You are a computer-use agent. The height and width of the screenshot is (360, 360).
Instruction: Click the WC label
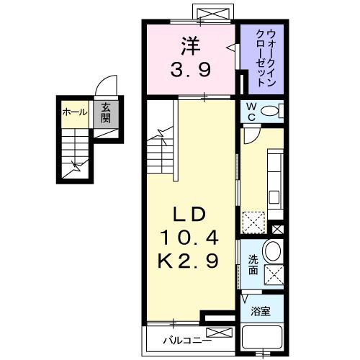(x=251, y=111)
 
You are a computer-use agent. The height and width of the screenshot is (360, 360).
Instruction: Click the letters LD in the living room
(x=191, y=214)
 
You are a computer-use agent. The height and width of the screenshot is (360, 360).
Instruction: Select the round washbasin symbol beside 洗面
(x=272, y=251)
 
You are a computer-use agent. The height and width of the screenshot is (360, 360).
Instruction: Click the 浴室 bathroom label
(x=261, y=311)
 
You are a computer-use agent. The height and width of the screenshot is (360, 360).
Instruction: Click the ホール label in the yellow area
(x=74, y=112)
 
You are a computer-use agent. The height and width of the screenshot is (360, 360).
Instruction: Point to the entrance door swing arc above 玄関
(x=105, y=84)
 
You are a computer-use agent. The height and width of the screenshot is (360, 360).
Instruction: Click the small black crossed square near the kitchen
(x=278, y=230)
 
